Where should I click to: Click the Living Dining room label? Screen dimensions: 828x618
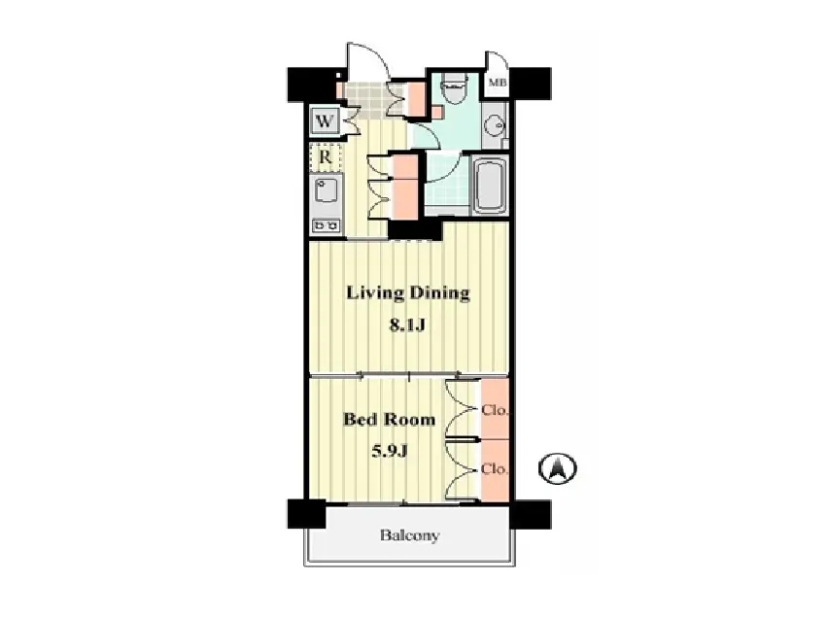point(407,293)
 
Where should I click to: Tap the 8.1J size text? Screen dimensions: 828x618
point(407,325)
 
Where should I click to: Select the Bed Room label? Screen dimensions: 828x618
point(389,420)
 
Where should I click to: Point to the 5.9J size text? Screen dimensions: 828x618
point(390,451)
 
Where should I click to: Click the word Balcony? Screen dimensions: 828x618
point(409,535)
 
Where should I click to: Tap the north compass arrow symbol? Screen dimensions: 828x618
point(558,468)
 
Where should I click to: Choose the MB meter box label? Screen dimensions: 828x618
point(498,83)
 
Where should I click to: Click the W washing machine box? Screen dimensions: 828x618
point(325,121)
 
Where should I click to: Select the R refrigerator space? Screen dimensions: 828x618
point(326,156)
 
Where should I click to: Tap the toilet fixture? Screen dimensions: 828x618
point(453,89)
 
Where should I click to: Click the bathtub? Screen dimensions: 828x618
point(491,185)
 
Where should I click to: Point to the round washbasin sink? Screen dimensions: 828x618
point(495,125)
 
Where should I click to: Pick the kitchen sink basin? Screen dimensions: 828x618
point(326,190)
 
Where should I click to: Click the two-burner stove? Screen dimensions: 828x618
point(326,226)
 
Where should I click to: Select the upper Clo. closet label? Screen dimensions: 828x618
point(495,410)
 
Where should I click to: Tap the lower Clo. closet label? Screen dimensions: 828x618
point(495,469)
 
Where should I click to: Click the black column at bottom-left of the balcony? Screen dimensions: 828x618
point(306,514)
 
